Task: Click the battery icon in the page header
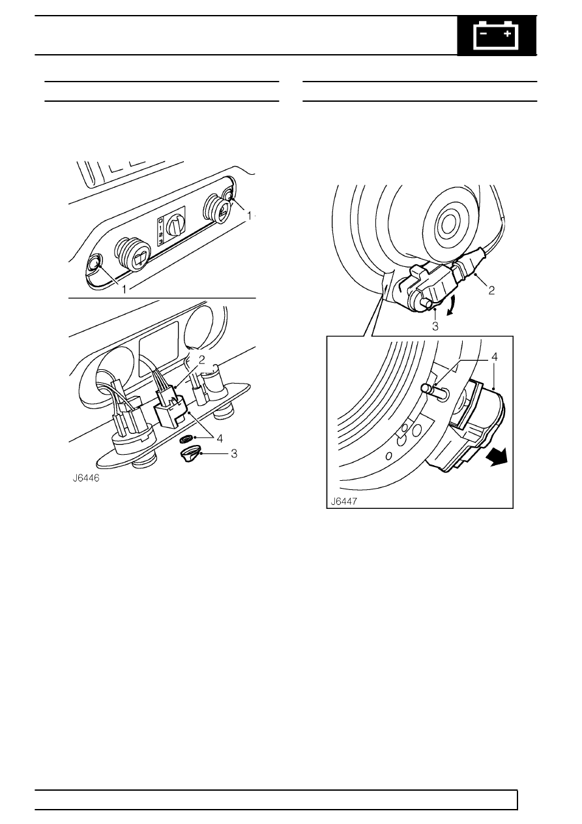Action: (x=496, y=35)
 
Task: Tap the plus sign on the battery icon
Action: (x=508, y=34)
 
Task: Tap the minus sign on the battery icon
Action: (x=484, y=34)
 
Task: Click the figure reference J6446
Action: (x=86, y=478)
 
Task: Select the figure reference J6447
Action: (x=344, y=502)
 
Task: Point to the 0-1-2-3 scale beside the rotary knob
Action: (x=160, y=232)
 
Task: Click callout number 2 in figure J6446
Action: (x=202, y=359)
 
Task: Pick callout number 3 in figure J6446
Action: (x=234, y=454)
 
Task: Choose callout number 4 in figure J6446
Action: (x=220, y=438)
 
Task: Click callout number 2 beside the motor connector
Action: (x=491, y=291)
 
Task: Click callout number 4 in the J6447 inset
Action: (x=495, y=357)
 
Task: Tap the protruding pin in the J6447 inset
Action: (x=433, y=391)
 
